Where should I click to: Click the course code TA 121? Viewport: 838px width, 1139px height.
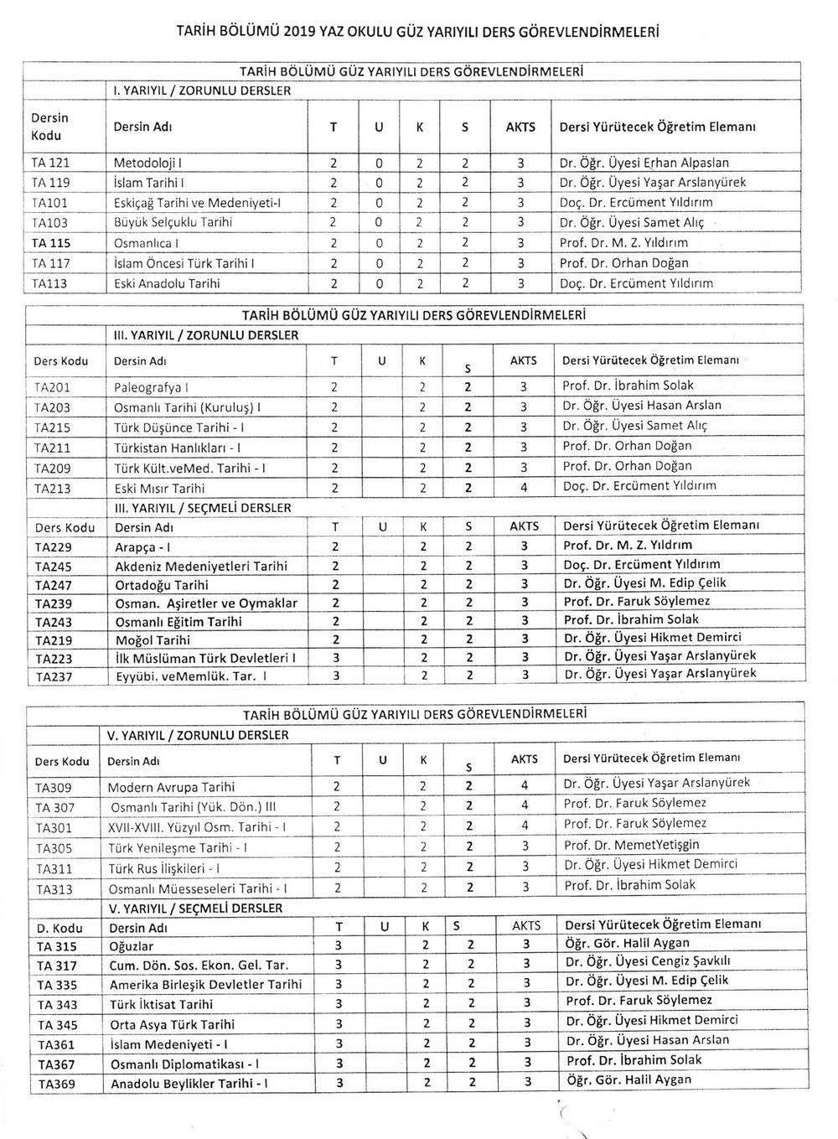[x=50, y=163]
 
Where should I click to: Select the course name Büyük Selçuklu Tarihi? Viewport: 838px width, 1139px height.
[x=173, y=223]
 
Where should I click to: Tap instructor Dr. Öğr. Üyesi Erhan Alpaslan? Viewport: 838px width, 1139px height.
[x=644, y=163]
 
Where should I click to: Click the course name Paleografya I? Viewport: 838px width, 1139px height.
[x=151, y=387]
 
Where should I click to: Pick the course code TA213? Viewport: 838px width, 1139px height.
[x=53, y=489]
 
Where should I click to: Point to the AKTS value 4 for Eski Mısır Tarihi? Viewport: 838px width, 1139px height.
[x=523, y=488]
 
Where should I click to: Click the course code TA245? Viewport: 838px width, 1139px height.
[x=54, y=567]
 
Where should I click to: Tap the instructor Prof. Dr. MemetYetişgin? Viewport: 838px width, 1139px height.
[x=631, y=845]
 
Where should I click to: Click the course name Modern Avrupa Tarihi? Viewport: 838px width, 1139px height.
[x=171, y=787]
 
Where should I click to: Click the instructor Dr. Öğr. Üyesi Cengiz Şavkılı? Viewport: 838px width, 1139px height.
[x=649, y=962]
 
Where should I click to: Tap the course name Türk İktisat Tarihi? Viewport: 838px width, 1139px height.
[x=161, y=1004]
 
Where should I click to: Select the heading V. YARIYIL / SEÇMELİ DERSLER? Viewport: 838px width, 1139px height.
[x=196, y=909]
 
